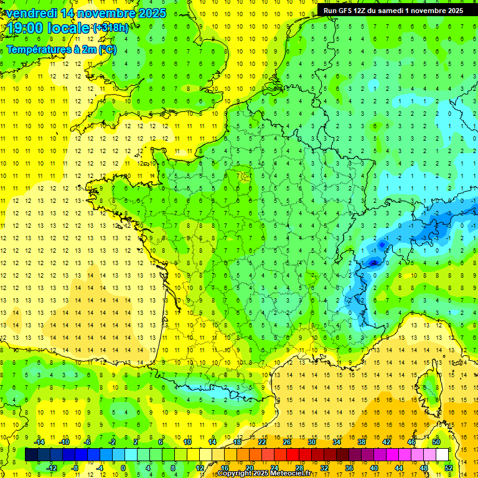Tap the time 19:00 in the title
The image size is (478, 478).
27,28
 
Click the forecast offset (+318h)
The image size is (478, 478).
110,28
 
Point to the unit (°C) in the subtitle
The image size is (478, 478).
106,49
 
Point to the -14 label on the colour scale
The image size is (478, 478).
40,441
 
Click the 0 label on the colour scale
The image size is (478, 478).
123,468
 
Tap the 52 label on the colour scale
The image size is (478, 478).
448,468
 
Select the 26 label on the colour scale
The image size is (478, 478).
286,441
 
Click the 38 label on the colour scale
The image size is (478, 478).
361,441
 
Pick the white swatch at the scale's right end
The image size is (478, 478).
442,454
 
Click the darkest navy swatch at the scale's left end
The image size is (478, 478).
31,454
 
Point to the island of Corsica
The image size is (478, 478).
429,386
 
